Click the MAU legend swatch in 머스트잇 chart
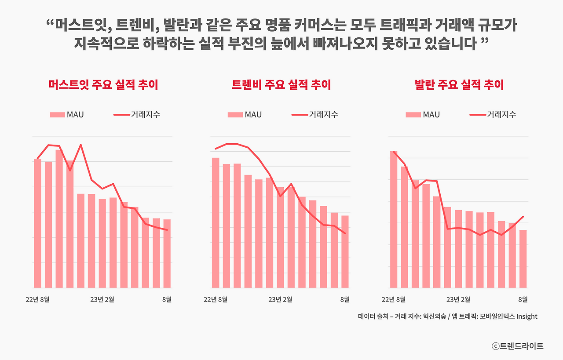[57, 115]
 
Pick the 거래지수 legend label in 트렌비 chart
[323, 115]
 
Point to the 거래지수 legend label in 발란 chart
[501, 115]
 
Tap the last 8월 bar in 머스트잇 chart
[167, 254]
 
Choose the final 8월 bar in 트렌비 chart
[345, 251]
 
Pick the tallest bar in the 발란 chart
[394, 219]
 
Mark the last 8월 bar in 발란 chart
[523, 259]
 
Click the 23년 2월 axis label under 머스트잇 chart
[102, 300]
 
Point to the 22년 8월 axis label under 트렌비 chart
[216, 300]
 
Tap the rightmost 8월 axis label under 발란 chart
[523, 300]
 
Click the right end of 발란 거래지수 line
[523, 216]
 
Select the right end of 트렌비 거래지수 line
[345, 233]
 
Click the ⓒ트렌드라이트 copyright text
[517, 346]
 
